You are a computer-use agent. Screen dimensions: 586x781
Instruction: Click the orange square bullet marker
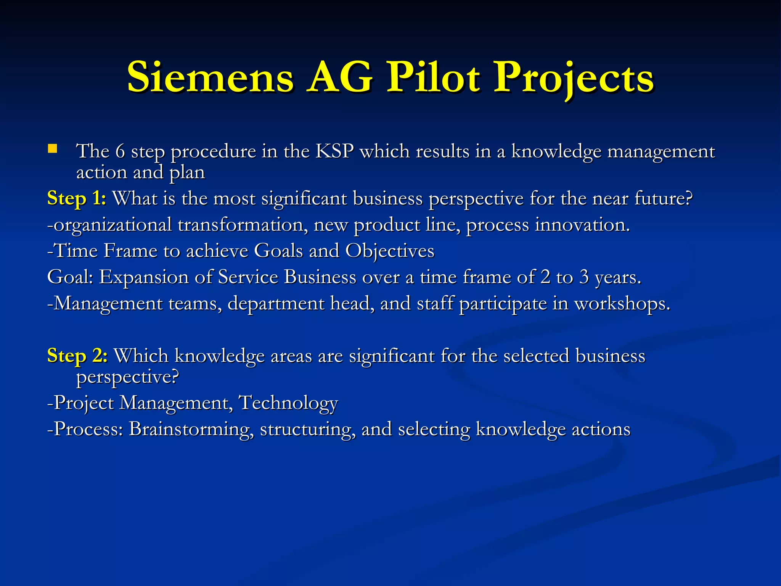pos(52,148)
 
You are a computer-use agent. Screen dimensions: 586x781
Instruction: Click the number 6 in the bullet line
pos(120,151)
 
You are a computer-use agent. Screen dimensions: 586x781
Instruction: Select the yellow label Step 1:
pos(77,199)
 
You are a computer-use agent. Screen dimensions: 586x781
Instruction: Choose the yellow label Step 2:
pos(77,356)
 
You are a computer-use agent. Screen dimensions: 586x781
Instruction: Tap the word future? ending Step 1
pos(664,199)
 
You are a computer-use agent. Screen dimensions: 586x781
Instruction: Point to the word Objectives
pos(390,251)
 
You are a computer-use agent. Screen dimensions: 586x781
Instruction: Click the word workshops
pos(622,304)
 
